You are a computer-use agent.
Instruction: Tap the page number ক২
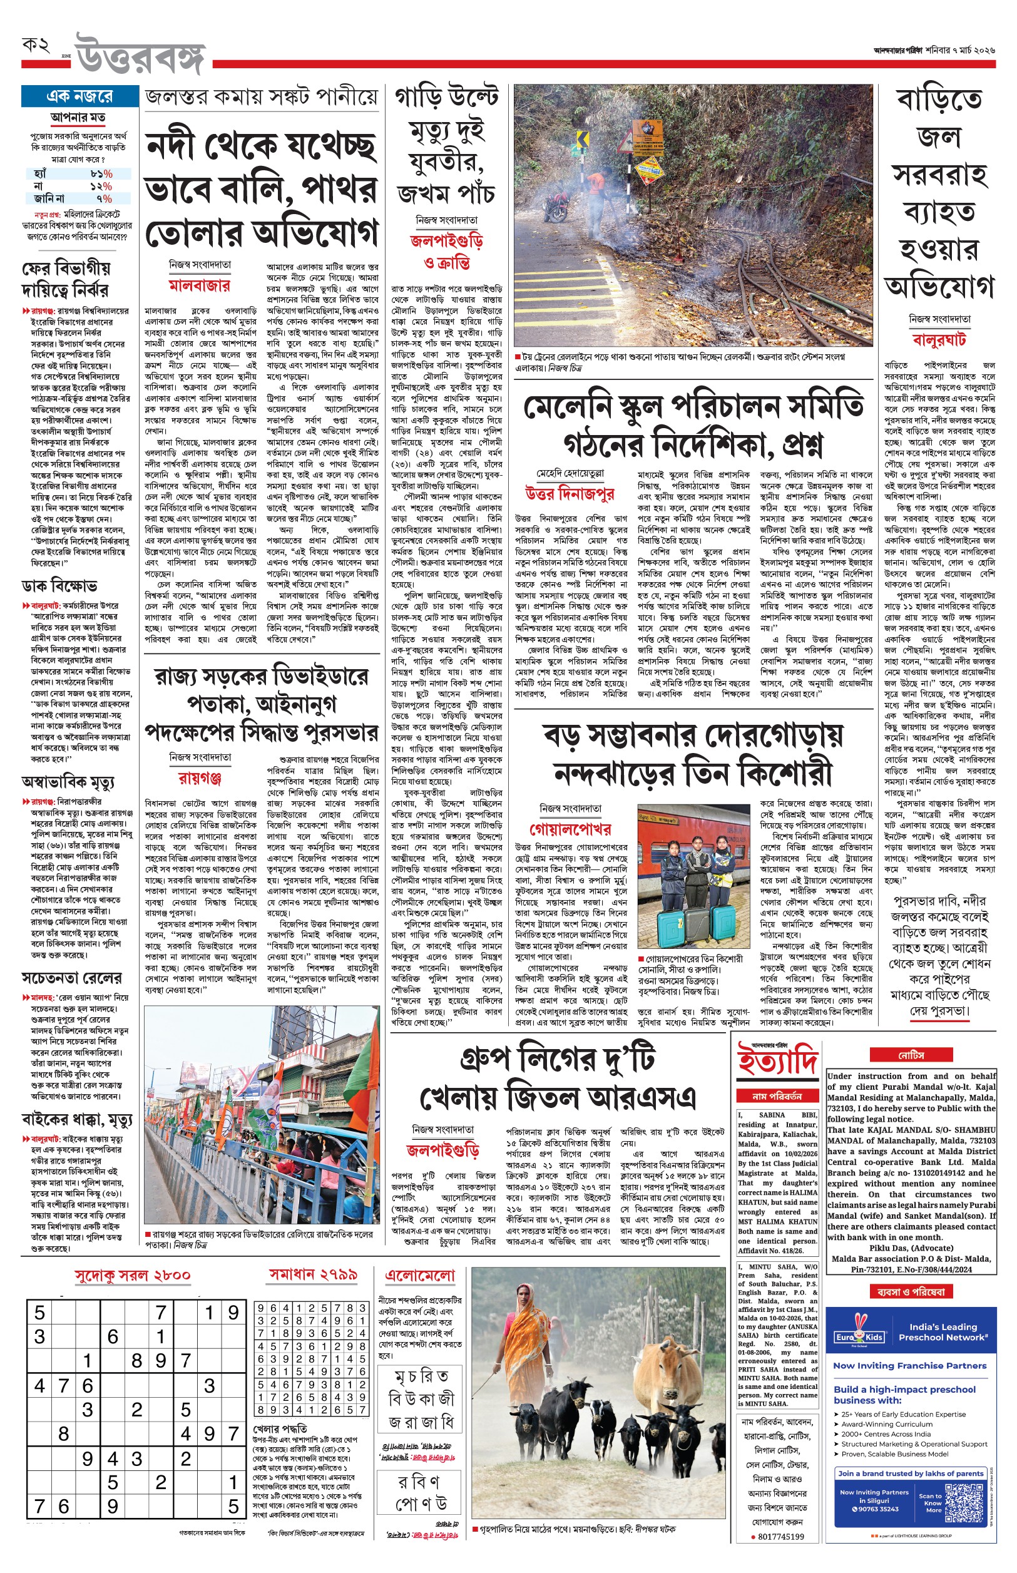(x=36, y=46)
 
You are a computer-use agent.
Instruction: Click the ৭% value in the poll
(x=104, y=198)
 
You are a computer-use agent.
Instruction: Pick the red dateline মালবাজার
(x=200, y=285)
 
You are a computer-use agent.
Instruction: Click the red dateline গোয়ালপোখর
(x=570, y=829)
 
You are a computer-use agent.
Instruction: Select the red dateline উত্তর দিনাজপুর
(x=570, y=493)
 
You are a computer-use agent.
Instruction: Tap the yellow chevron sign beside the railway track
(x=582, y=140)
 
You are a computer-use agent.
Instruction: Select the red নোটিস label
(x=911, y=1055)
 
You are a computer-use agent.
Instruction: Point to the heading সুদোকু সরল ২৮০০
(x=132, y=1274)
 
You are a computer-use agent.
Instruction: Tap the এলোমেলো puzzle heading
(x=419, y=1275)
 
